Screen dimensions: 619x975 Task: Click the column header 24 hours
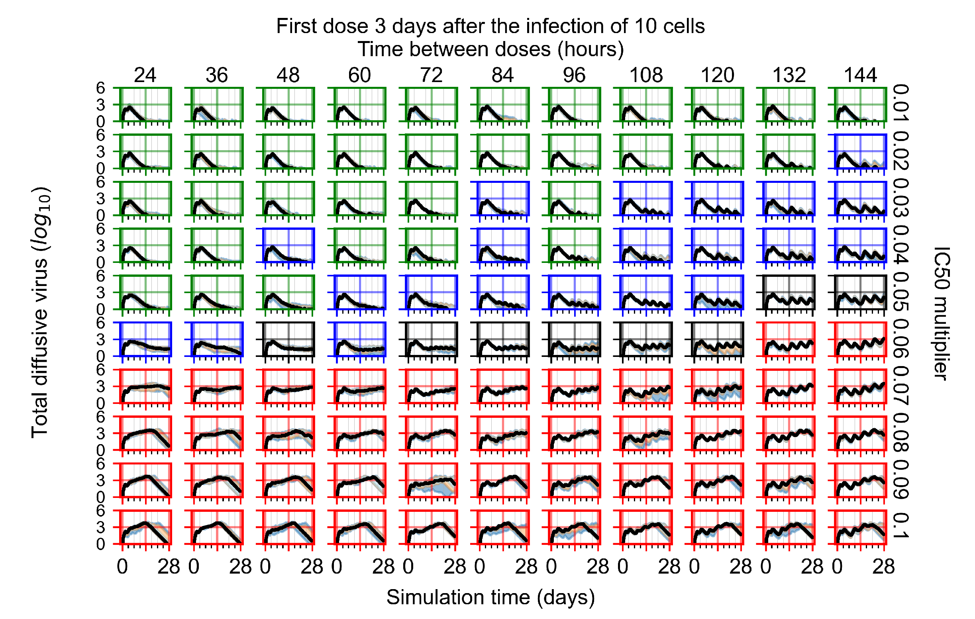point(145,75)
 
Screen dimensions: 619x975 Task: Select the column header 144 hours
point(860,75)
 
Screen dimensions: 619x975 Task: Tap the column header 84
point(502,75)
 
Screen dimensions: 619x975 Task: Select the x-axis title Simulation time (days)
point(490,597)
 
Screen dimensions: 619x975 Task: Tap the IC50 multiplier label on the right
point(942,313)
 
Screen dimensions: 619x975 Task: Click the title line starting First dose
point(490,26)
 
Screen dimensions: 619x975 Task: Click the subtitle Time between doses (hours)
point(490,49)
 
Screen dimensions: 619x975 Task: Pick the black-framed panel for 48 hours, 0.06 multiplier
point(288,340)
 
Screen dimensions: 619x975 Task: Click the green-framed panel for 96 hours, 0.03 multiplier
point(574,199)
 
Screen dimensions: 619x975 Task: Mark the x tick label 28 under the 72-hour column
point(455,567)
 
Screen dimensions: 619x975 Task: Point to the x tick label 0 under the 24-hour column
point(122,567)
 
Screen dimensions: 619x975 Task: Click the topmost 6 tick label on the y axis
point(100,88)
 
